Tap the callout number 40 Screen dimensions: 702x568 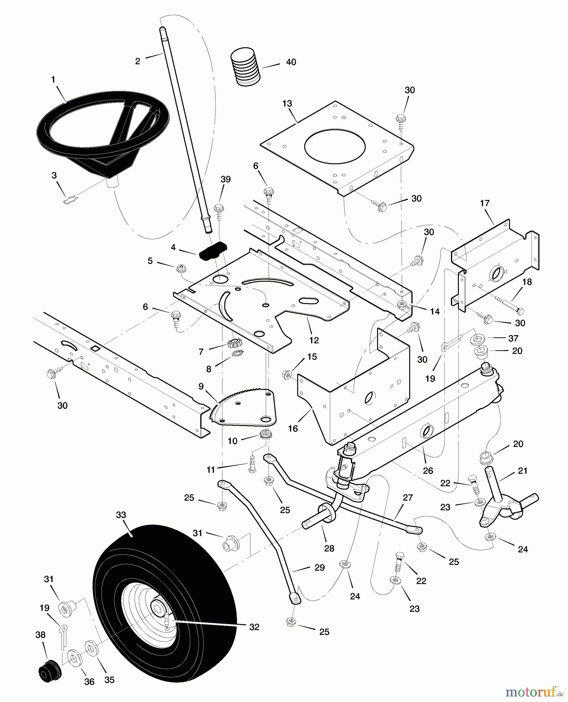pyautogui.click(x=291, y=62)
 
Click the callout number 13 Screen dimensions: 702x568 pyautogui.click(x=287, y=104)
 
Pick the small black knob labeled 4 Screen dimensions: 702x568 pyautogui.click(x=213, y=250)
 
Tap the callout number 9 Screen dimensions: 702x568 pyautogui.click(x=201, y=386)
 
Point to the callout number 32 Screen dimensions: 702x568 pyautogui.click(x=254, y=627)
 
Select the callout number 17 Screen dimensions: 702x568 pyautogui.click(x=485, y=203)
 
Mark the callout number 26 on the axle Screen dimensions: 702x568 pyautogui.click(x=428, y=470)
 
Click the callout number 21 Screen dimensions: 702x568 pyautogui.click(x=522, y=471)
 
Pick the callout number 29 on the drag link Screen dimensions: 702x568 pyautogui.click(x=319, y=568)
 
